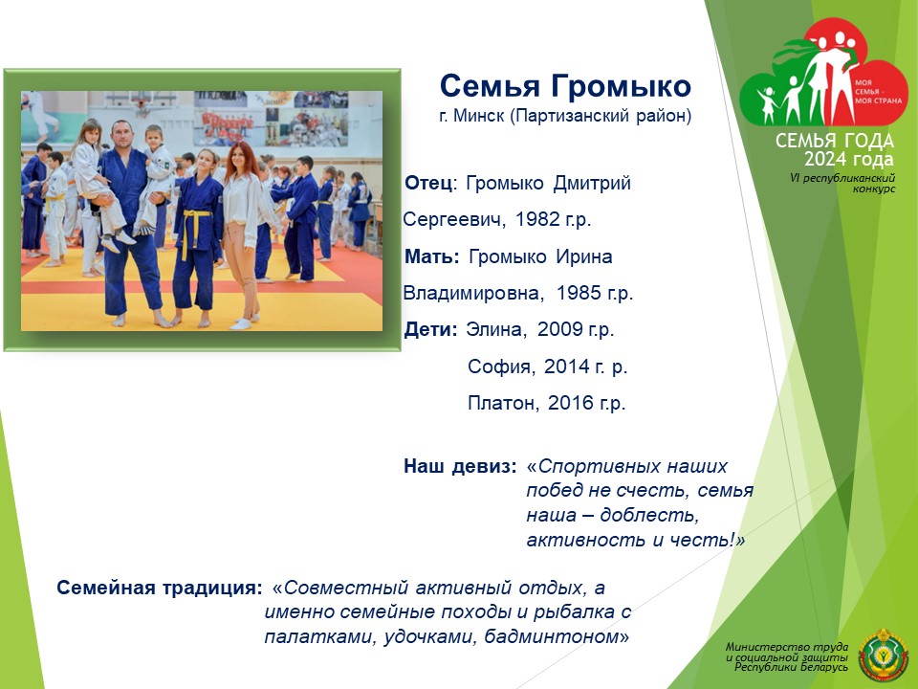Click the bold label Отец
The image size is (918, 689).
[428, 183]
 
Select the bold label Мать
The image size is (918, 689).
[430, 256]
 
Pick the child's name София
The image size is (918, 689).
[499, 367]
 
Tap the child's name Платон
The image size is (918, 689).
[502, 403]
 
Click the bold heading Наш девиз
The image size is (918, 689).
[460, 466]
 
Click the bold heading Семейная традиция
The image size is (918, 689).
[160, 588]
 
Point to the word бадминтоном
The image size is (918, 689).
[552, 636]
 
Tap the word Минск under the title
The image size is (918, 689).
[478, 116]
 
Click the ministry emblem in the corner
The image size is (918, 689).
[883, 655]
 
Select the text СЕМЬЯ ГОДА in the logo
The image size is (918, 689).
[834, 141]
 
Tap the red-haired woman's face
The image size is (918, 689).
[238, 158]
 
